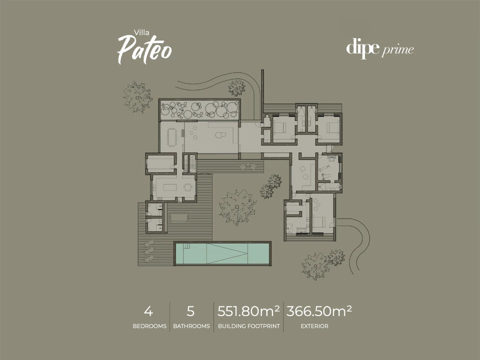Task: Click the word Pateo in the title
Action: point(145,49)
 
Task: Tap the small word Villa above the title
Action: point(141,32)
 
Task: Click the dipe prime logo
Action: point(380,48)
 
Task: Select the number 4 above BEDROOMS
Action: point(148,311)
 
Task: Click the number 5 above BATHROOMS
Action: point(190,311)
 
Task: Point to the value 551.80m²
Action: point(248,311)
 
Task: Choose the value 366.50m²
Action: point(319,311)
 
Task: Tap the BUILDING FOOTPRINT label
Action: point(249,326)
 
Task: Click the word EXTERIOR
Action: point(314,326)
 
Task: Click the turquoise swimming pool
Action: point(222,253)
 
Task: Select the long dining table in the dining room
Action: point(171,137)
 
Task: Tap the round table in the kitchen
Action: point(187,187)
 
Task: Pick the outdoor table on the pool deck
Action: point(179,217)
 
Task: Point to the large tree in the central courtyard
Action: point(237,207)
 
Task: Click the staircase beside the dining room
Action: point(189,163)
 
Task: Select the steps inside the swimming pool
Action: point(186,246)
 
